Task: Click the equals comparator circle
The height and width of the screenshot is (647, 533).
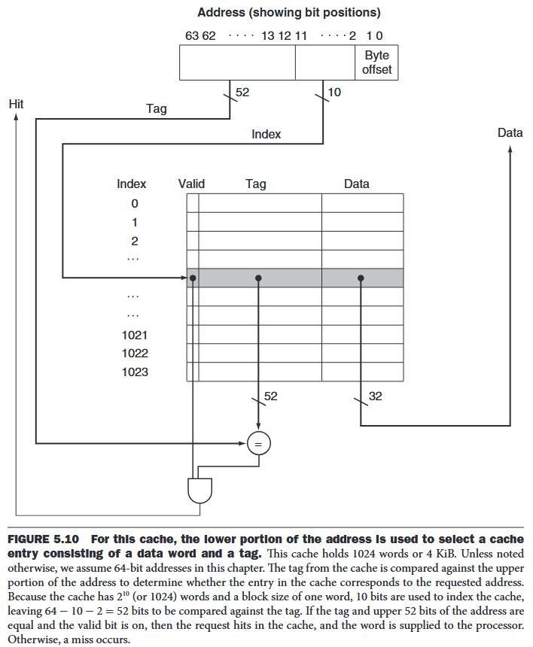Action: (258, 444)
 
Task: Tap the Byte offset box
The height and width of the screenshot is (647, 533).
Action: (377, 62)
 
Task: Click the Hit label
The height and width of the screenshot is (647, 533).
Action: (16, 103)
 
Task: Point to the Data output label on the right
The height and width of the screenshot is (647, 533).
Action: (510, 132)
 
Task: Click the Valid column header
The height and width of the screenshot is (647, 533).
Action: (191, 184)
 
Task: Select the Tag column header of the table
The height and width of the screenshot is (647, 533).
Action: (255, 184)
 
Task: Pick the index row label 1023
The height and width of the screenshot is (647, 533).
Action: (135, 372)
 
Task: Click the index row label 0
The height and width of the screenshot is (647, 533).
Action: (135, 203)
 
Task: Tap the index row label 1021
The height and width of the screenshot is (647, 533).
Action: (135, 335)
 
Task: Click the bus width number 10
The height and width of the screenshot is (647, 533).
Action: (335, 93)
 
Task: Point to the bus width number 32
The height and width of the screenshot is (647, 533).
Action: (376, 395)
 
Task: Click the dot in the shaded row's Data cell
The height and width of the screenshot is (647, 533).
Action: (361, 278)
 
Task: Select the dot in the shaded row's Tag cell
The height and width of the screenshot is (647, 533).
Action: (258, 278)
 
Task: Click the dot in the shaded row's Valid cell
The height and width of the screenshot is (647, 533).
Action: (193, 278)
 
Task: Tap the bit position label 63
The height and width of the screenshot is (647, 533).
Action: (191, 35)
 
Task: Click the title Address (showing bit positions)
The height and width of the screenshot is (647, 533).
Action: (288, 12)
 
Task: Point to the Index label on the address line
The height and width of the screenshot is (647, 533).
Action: (266, 134)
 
